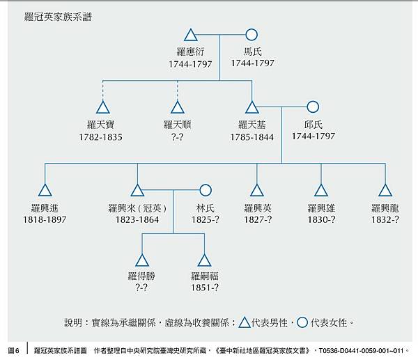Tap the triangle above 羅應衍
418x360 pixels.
(192, 35)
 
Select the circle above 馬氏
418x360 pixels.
(252, 34)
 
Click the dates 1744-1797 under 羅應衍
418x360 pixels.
(189, 63)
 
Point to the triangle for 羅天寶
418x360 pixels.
(104, 107)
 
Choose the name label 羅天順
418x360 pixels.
(178, 125)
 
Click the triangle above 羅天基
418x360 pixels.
(252, 107)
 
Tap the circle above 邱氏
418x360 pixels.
(313, 107)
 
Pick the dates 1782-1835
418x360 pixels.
(101, 137)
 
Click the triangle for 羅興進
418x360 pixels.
(45, 190)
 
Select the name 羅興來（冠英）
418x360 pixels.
(138, 208)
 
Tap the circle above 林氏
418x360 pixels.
(205, 189)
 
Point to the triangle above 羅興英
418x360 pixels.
(257, 190)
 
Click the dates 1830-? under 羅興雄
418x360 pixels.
(322, 220)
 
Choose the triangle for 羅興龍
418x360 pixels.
(385, 190)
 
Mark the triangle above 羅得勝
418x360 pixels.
(142, 260)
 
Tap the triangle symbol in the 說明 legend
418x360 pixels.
(245, 322)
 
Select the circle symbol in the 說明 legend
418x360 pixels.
(302, 322)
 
